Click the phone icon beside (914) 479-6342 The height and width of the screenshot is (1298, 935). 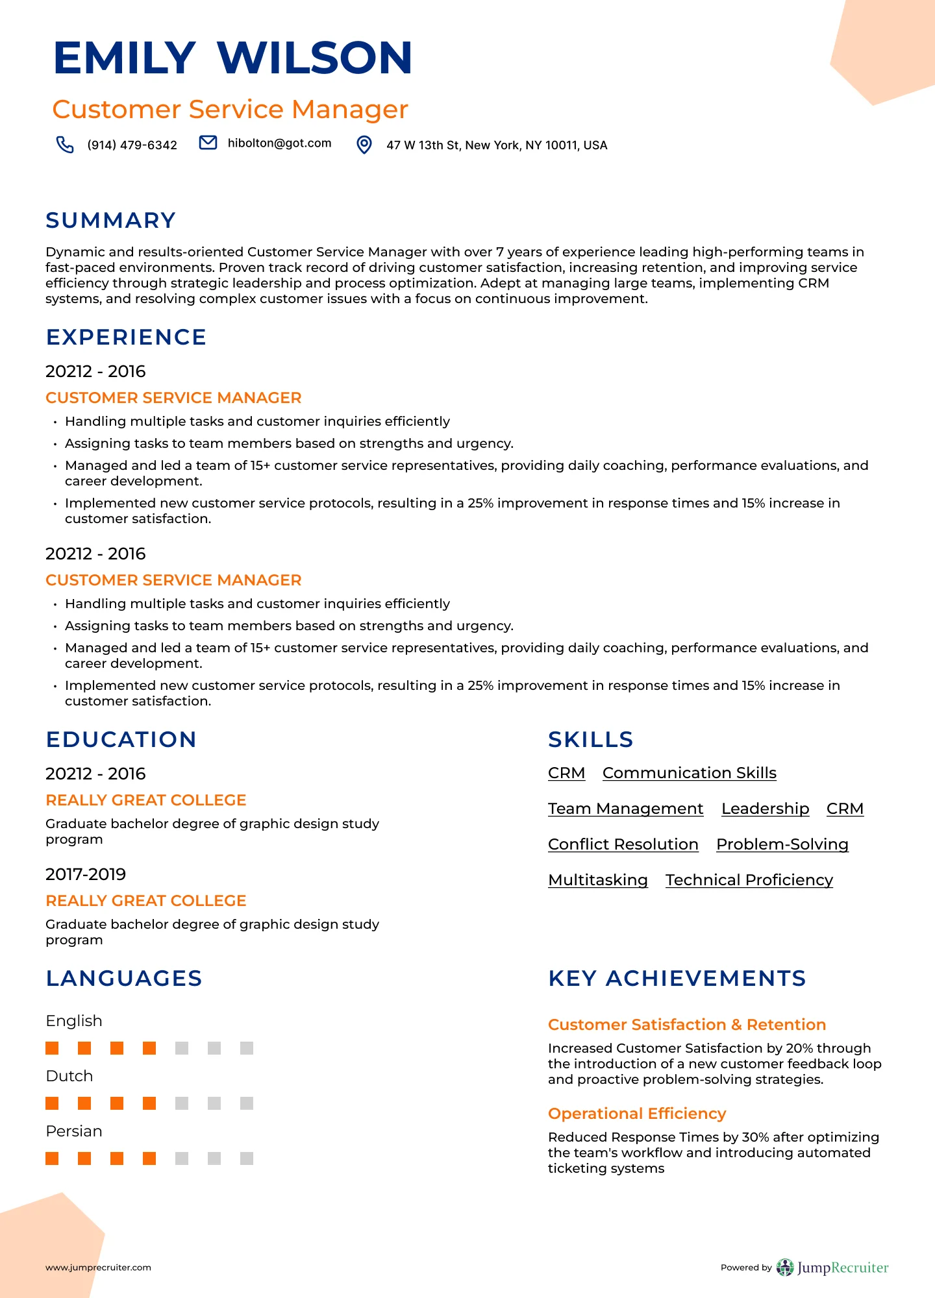pos(65,144)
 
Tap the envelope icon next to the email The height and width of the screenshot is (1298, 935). pos(208,143)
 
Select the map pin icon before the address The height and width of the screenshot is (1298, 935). pos(365,145)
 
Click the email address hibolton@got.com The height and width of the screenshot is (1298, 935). pos(279,143)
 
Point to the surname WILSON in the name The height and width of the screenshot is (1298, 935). pos(314,58)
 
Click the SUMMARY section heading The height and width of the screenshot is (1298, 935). pos(111,221)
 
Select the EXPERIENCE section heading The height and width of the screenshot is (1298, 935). pos(126,337)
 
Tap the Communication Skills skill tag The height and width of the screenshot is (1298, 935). pos(689,773)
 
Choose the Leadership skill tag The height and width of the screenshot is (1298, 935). pos(765,809)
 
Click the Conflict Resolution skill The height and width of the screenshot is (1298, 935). pos(623,844)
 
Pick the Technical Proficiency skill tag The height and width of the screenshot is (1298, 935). pos(749,880)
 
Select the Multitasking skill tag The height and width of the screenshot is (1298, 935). pos(597,880)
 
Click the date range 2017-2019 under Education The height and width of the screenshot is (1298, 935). pos(86,874)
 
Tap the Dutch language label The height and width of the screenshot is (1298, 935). pos(69,1076)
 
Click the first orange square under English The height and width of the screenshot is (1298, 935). pos(52,1048)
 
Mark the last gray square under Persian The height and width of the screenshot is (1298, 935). pos(247,1158)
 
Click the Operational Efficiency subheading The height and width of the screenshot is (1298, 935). pos(636,1114)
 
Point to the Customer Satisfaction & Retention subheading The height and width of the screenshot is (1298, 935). pos(686,1025)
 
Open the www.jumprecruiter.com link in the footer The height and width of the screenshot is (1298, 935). pos(98,1267)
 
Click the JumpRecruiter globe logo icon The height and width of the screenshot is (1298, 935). pos(785,1267)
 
